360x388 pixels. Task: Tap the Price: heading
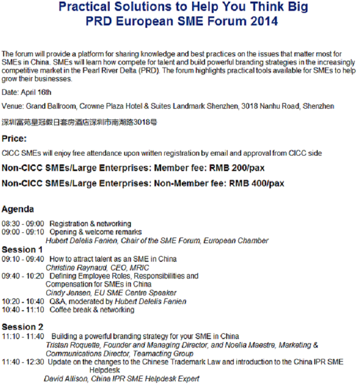click(x=14, y=139)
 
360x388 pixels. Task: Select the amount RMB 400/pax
click(x=256, y=183)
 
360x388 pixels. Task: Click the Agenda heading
click(x=18, y=209)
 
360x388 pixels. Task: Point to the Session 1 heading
click(x=23, y=249)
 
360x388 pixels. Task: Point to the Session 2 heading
click(x=23, y=327)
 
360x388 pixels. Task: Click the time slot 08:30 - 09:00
click(x=23, y=224)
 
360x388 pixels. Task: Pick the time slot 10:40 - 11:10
click(x=23, y=310)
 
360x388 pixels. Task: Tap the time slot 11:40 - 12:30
click(x=23, y=362)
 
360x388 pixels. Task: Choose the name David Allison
click(x=65, y=379)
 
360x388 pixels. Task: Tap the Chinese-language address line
click(x=79, y=122)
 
